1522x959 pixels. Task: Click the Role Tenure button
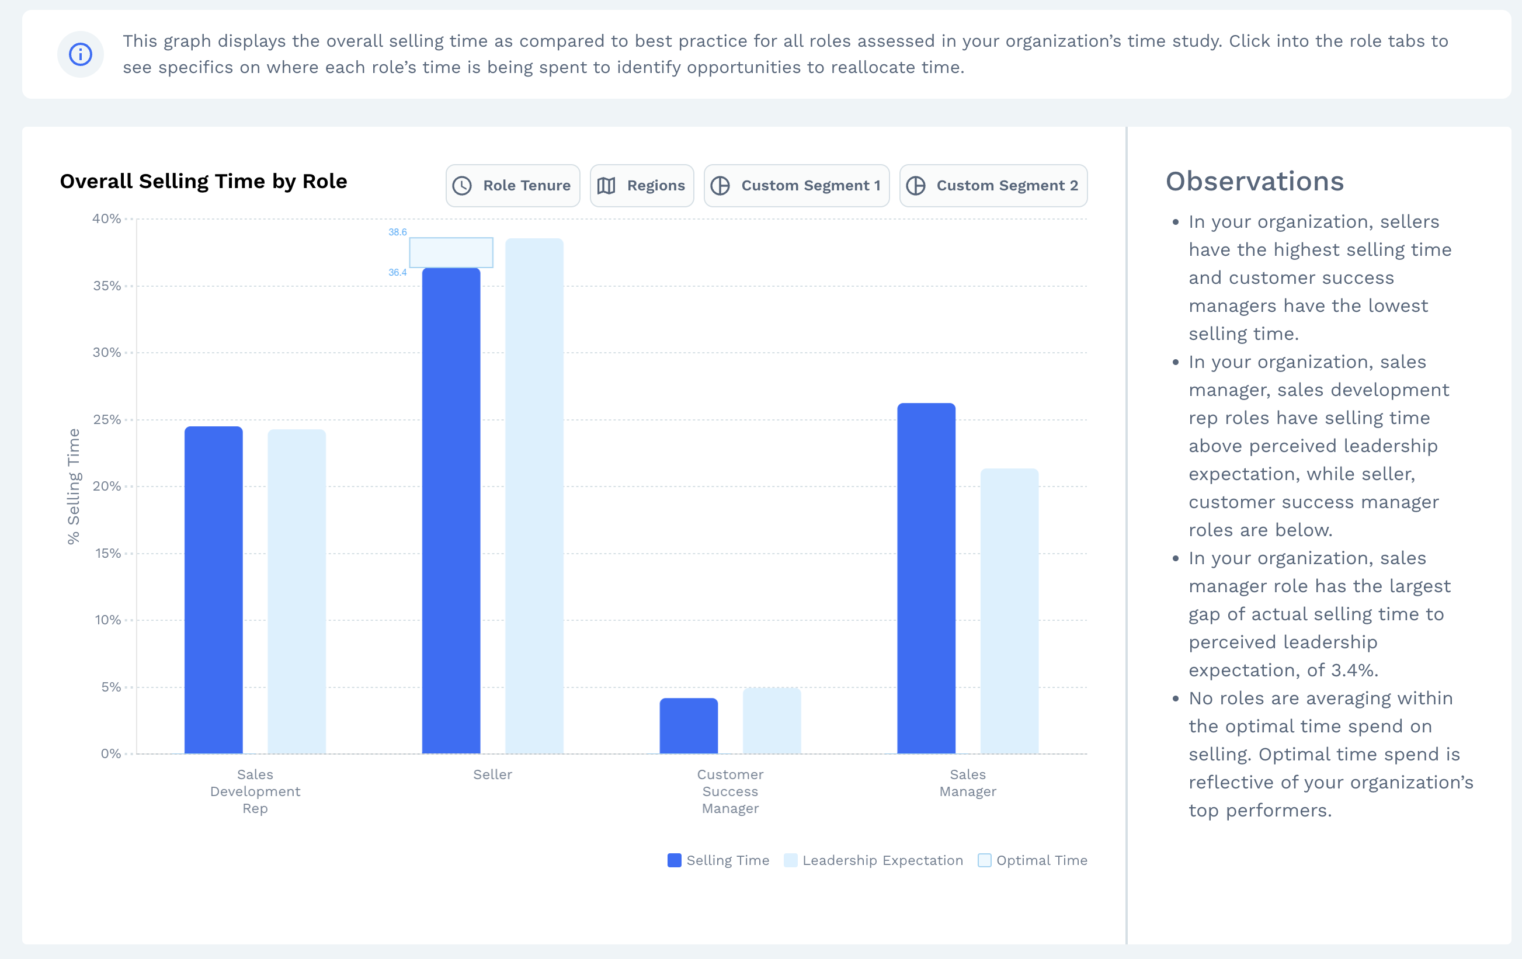pos(513,186)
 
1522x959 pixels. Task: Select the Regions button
pos(641,186)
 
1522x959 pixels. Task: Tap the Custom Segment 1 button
pos(797,186)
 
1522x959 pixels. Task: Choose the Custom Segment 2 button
pos(993,186)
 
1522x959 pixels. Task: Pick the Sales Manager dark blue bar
pos(926,578)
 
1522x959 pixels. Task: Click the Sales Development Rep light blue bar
pos(297,592)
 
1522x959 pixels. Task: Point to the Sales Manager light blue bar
pos(1009,611)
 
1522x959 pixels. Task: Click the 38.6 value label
pos(398,232)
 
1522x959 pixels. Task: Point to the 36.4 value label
pos(398,273)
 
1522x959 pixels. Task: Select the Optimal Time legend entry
pos(1033,860)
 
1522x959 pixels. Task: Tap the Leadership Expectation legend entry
pos(874,860)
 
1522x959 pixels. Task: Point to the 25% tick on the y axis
pos(107,420)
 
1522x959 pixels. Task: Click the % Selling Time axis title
pos(74,486)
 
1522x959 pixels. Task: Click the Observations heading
pos(1255,182)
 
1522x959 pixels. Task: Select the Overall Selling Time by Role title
pos(203,182)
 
